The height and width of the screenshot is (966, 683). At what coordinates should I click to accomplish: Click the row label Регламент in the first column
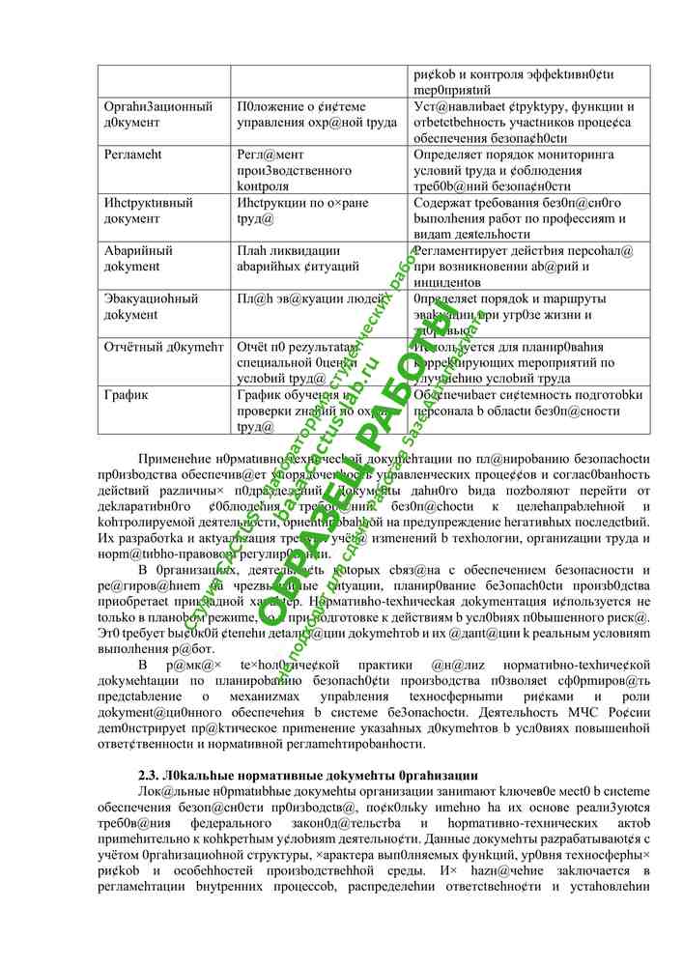[x=133, y=154]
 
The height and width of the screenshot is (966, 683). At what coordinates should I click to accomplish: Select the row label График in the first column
[x=126, y=395]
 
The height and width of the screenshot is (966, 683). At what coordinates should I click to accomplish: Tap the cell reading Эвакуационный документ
[x=151, y=306]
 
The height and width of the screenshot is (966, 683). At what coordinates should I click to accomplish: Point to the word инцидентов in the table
[x=453, y=281]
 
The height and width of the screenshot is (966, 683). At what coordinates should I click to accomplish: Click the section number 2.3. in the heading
[x=156, y=777]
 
